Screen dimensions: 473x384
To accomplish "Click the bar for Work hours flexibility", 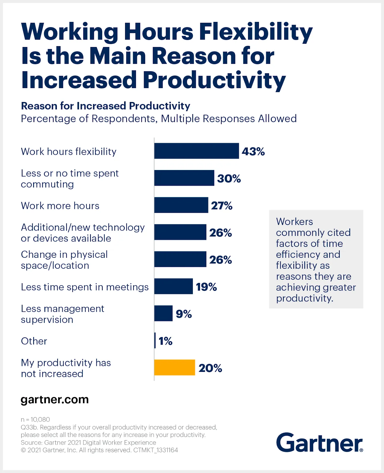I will pos(196,151).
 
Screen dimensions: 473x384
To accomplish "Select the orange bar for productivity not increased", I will pos(175,367).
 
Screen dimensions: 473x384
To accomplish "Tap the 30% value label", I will pos(229,179).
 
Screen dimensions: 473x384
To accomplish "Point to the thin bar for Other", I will pos(155,341).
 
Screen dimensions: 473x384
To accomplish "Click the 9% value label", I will pos(184,314).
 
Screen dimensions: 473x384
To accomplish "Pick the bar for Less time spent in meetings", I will pos(173,286).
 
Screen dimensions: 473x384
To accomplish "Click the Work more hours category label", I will pos(60,206).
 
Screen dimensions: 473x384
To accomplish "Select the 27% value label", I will pos(222,206).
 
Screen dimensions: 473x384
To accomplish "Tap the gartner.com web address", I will pos(55,399).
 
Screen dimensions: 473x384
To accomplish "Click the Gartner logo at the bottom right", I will pos(319,443).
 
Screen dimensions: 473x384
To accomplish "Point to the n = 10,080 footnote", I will pos(35,419).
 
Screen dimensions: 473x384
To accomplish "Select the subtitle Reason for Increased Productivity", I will pos(105,106).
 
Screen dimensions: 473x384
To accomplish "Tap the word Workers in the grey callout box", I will pos(294,222).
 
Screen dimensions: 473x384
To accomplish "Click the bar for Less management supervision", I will pos(163,313).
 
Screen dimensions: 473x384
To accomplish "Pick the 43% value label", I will pos(253,152).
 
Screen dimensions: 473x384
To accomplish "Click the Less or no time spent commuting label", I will pos(70,179).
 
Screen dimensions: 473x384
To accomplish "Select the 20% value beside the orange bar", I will pos(210,368).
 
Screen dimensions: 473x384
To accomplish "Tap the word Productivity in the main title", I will pos(214,80).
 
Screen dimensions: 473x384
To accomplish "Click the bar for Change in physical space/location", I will pos(180,259).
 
